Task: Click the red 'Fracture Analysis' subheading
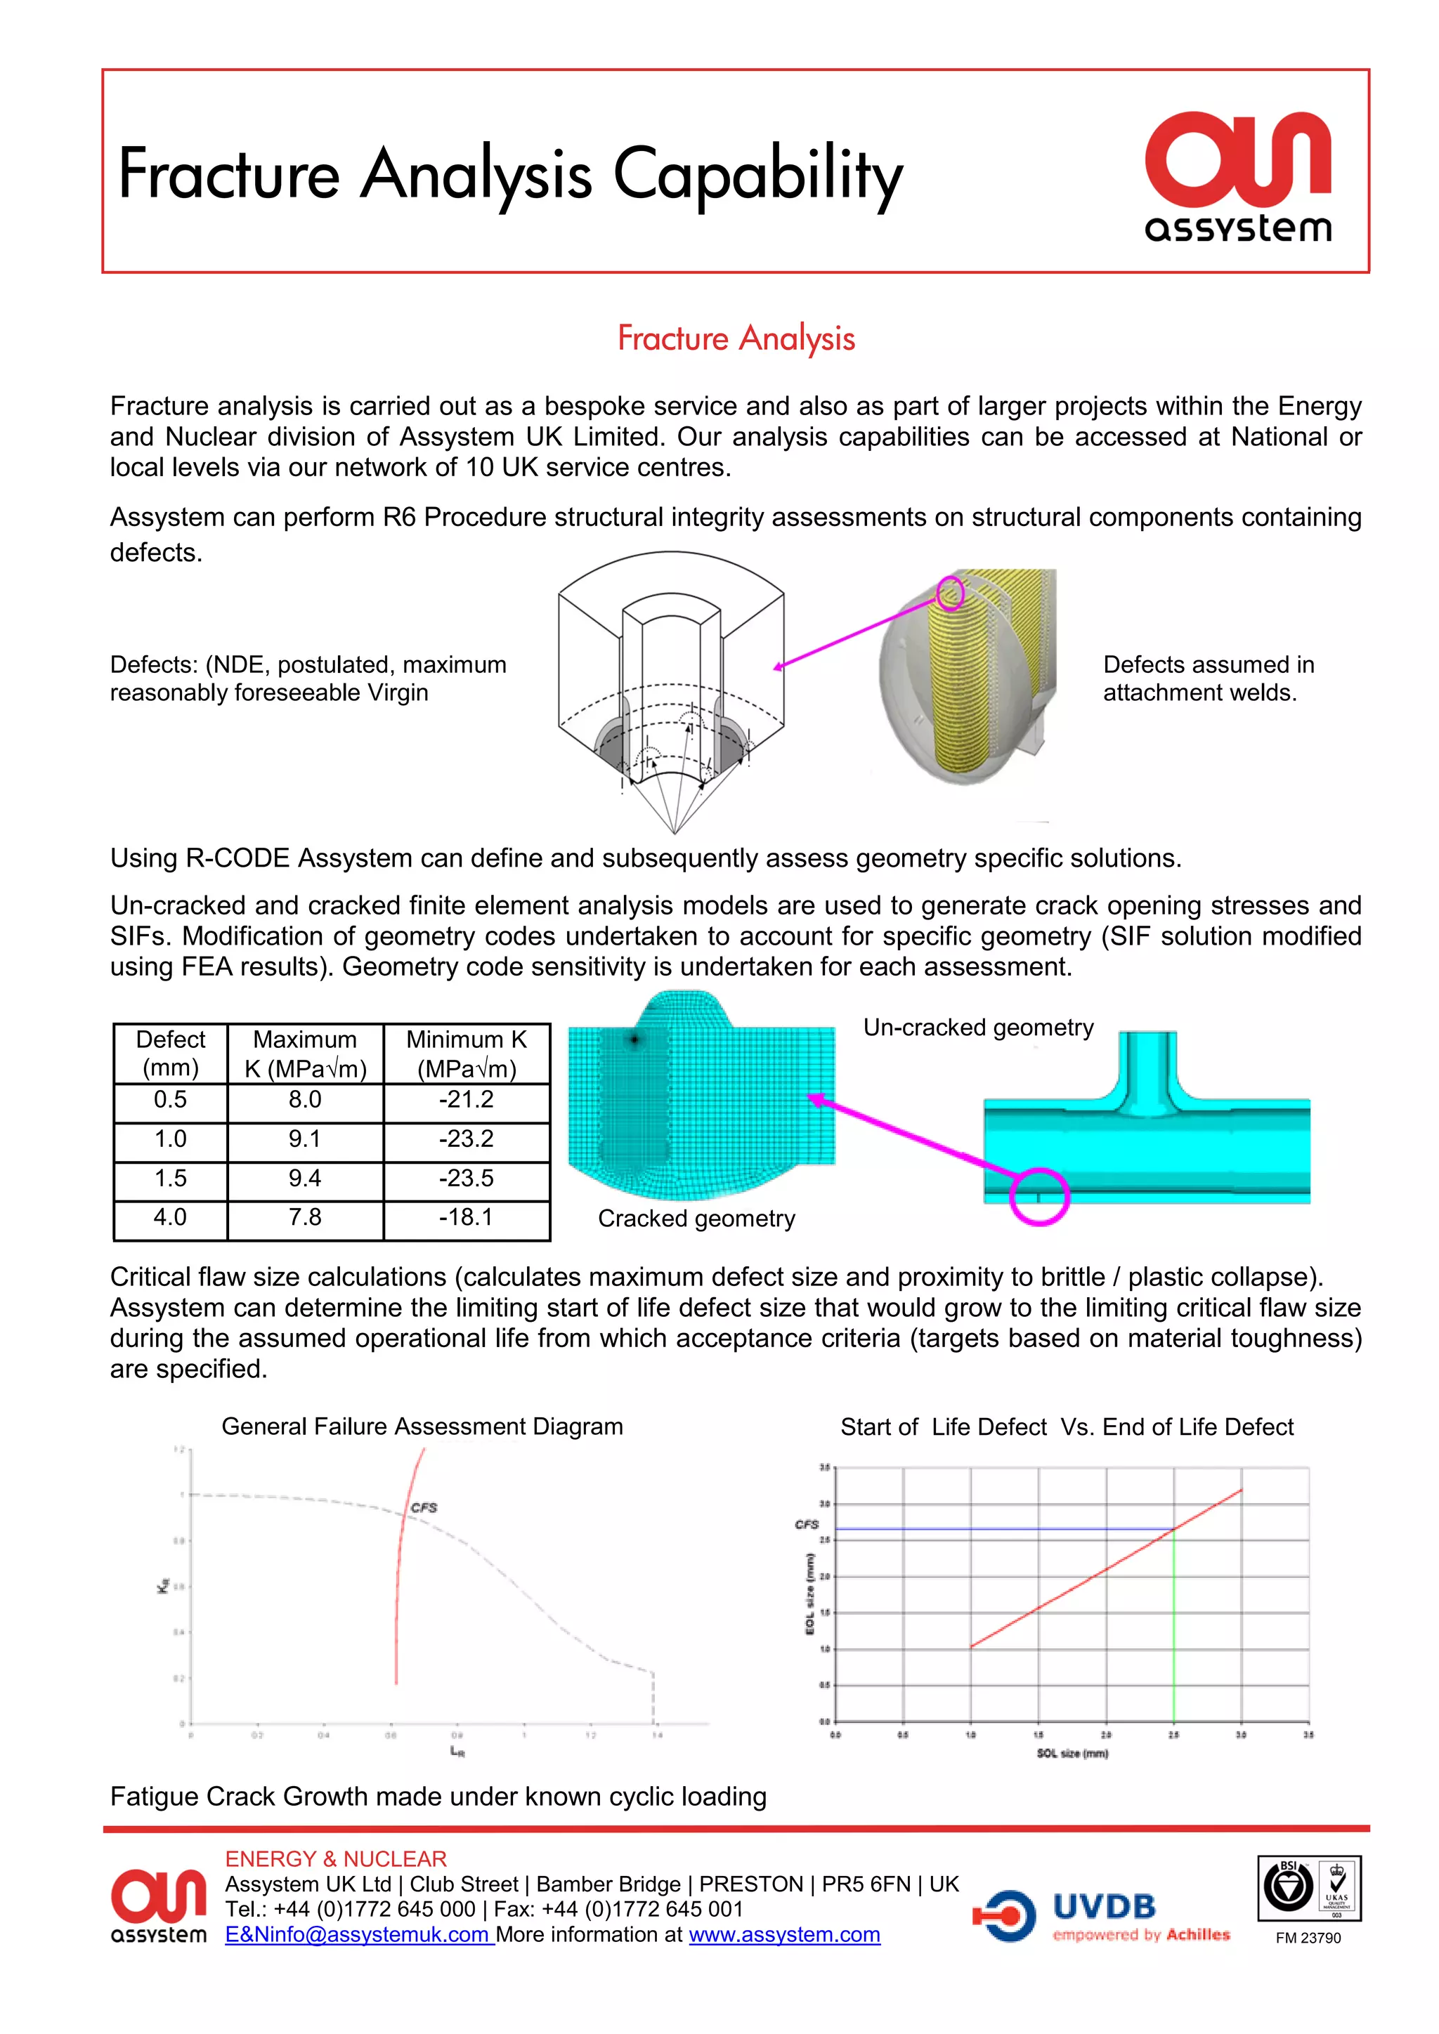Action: point(736,339)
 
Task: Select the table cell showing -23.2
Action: point(466,1139)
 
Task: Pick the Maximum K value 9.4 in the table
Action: point(305,1179)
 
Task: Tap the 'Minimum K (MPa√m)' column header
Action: point(466,1054)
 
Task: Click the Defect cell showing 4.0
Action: point(170,1217)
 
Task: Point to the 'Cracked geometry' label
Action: point(696,1219)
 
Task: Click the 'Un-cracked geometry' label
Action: point(978,1028)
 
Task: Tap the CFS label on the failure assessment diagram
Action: point(424,1507)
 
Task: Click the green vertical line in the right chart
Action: point(1174,1630)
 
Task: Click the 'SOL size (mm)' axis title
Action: point(1072,1753)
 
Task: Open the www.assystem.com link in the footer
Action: point(784,1935)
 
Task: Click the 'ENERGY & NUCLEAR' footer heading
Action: point(336,1858)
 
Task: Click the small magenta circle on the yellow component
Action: point(950,593)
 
